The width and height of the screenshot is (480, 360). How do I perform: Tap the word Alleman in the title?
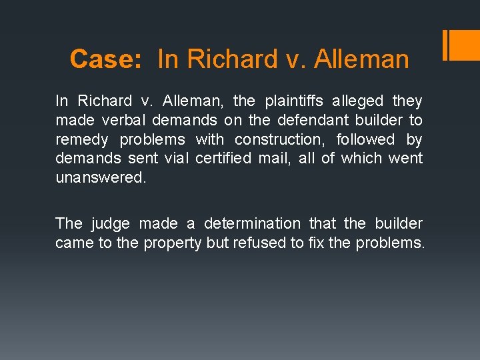[361, 59]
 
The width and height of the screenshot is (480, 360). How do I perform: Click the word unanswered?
[99, 177]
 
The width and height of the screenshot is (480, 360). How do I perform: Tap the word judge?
[112, 223]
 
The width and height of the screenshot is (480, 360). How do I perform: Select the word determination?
[252, 223]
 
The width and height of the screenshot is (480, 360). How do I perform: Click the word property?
[171, 243]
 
